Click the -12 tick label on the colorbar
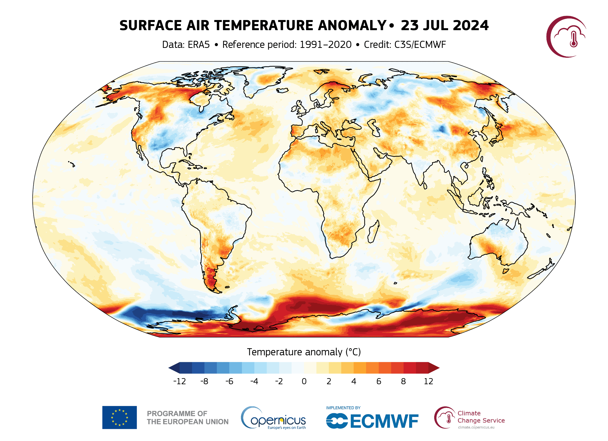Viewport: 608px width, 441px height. coord(179,381)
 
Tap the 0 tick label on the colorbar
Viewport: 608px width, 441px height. coord(304,381)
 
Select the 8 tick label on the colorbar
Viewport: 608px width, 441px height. coord(403,381)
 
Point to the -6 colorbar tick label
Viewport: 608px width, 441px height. coord(229,381)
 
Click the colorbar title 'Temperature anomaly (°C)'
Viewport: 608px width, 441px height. coord(304,352)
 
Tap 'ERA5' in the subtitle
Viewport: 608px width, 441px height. coord(199,45)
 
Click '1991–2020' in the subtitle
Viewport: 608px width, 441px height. coord(326,45)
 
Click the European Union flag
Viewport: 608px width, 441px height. coord(119,417)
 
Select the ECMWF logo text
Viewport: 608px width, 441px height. coord(384,421)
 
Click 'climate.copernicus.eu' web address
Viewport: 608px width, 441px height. coord(476,427)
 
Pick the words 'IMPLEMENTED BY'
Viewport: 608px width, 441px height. coord(343,408)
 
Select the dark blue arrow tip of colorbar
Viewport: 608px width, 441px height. coord(174,368)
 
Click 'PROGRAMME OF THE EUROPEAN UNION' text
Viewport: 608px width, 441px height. coord(188,418)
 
